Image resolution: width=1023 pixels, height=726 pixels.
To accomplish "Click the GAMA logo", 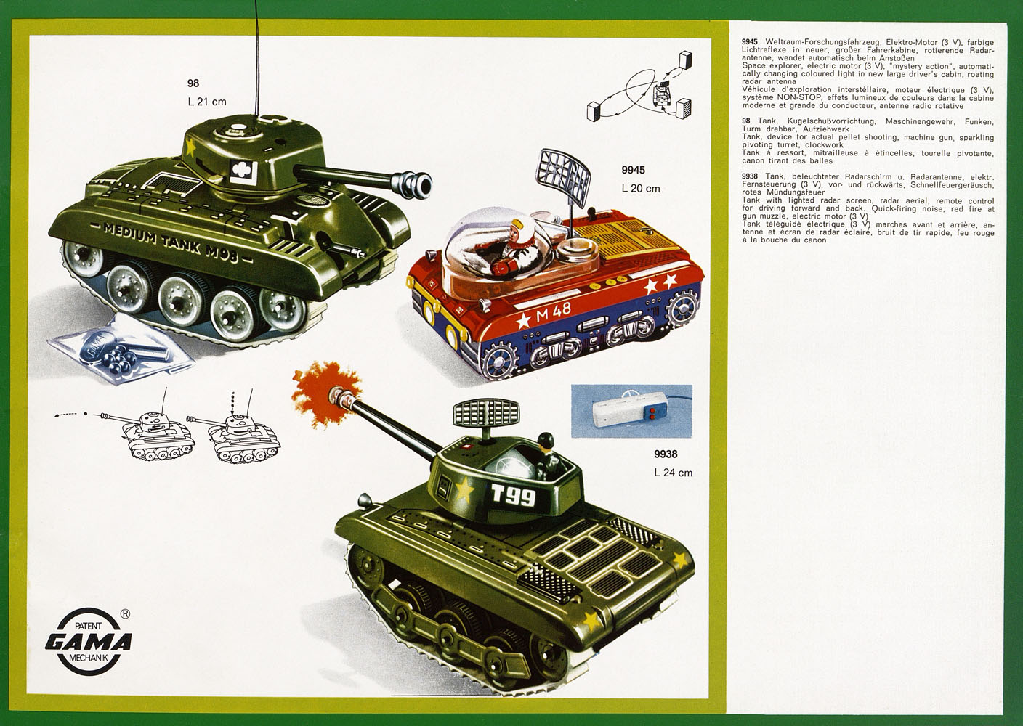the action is (x=89, y=642).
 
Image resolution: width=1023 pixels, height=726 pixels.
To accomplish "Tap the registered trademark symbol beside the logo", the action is (x=125, y=614).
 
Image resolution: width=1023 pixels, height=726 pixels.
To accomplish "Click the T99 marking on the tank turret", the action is (x=514, y=496).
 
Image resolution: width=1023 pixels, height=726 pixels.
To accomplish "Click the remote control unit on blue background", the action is (x=631, y=411).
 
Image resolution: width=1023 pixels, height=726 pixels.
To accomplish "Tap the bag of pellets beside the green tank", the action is (x=122, y=348).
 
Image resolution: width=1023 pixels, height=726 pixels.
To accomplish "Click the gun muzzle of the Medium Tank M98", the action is (x=418, y=184).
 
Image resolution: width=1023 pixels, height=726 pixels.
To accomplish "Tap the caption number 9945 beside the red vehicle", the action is (x=633, y=170).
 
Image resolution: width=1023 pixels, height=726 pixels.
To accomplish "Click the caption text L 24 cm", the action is (x=673, y=473).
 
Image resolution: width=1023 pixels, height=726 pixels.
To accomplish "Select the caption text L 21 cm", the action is (x=207, y=102).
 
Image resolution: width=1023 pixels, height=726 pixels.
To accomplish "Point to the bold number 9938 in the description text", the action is (x=750, y=176).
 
